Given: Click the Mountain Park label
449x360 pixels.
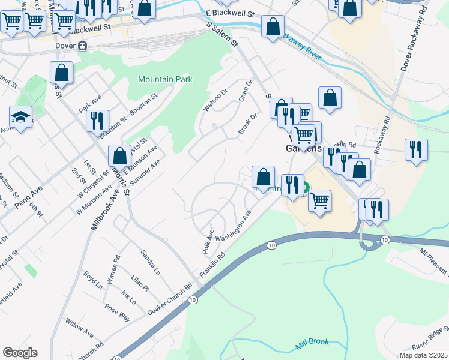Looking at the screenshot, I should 165,79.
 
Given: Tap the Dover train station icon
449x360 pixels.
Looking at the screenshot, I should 82,46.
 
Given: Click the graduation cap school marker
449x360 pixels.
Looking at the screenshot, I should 20,117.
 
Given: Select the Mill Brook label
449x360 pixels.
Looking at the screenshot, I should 312,343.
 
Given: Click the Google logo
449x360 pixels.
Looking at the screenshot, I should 20,353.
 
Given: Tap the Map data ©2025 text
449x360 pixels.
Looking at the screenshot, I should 423,355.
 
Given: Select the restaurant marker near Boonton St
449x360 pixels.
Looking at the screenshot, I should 97,119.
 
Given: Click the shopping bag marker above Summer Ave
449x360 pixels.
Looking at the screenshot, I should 120,155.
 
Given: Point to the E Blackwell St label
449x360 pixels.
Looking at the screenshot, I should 230,13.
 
